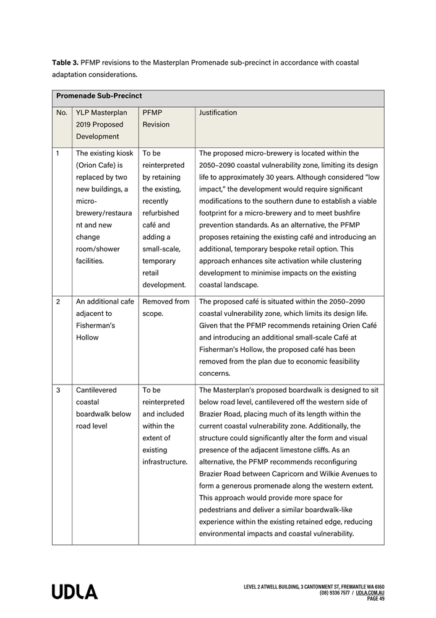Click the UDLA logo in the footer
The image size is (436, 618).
coord(75,592)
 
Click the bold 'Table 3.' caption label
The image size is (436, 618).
coord(65,63)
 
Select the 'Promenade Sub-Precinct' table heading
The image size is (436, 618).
coord(99,96)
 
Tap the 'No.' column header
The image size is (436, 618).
coord(62,113)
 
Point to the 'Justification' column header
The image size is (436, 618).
coord(218,113)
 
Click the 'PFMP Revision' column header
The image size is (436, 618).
coord(156,118)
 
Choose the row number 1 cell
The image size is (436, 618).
coord(58,153)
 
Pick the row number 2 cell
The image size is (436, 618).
coord(58,302)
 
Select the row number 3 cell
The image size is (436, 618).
coord(58,391)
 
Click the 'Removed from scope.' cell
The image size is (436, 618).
coord(166,307)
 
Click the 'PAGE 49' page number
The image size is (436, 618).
coord(375,599)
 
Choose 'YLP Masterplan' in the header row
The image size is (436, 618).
coord(101,113)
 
